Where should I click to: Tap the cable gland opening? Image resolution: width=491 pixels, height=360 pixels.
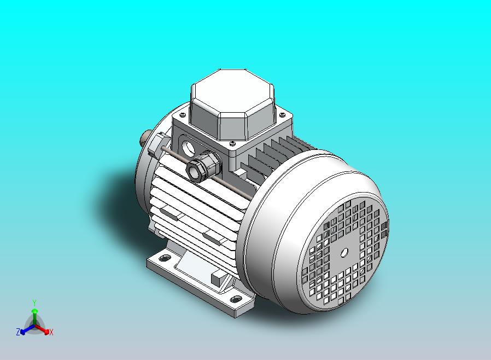pos(195,170)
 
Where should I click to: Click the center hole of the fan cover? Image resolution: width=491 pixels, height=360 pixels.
pos(344,253)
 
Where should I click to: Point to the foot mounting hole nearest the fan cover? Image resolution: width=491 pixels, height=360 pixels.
pos(236,299)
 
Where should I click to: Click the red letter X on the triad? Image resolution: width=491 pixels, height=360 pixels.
pos(50,332)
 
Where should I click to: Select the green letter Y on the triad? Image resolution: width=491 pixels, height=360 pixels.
pos(34,302)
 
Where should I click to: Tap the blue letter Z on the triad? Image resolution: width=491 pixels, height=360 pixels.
pos(18,332)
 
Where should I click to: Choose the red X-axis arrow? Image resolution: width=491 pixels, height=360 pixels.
pos(44,329)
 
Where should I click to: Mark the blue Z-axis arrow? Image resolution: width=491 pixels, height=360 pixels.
pos(24,330)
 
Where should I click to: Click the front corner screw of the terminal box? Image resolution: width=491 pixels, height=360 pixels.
pos(233,143)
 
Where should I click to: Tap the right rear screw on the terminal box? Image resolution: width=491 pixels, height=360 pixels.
pos(282,115)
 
